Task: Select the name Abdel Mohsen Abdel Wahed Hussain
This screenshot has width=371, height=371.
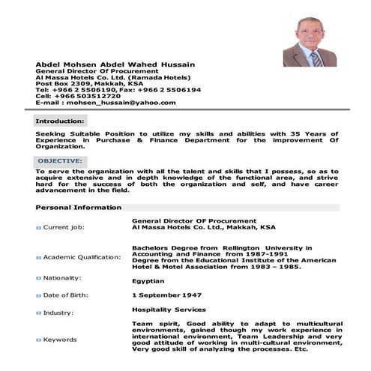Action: (115, 64)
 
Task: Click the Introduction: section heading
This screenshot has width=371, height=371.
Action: (60, 120)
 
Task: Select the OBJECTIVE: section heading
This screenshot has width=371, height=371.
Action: (60, 161)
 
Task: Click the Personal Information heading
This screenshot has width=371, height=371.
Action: (77, 207)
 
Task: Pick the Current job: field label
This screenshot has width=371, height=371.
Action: (64, 226)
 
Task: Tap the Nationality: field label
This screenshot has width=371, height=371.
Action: (63, 278)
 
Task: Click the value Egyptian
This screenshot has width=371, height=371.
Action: (148, 281)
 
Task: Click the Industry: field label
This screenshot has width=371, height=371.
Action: (58, 313)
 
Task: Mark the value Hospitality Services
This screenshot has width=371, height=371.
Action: (169, 309)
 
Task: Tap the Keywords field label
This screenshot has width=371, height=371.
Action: (60, 340)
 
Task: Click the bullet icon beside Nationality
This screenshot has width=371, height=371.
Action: (38, 278)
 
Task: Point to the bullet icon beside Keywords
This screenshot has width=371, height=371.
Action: (38, 340)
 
